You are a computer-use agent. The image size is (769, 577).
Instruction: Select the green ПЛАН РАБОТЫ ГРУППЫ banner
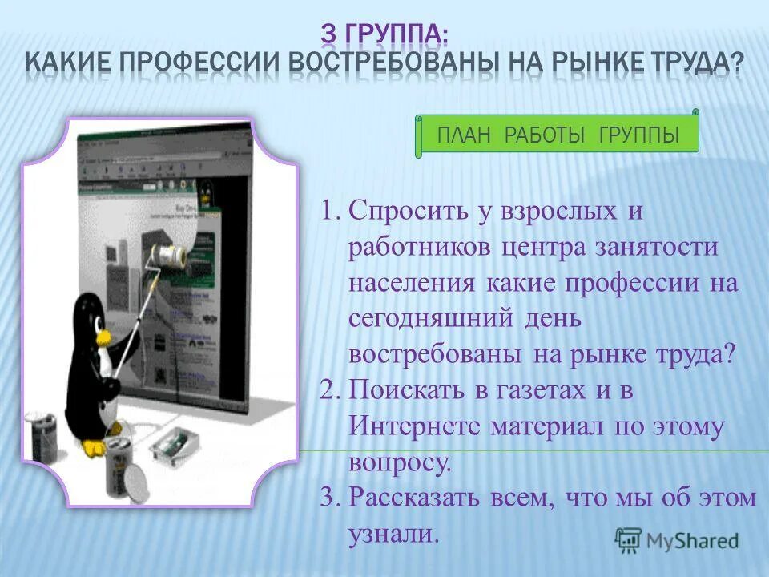558,135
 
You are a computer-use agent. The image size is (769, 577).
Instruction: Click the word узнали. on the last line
394,533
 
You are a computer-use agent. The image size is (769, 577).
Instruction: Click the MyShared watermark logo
677,540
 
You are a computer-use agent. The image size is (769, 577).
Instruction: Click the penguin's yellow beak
105,337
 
